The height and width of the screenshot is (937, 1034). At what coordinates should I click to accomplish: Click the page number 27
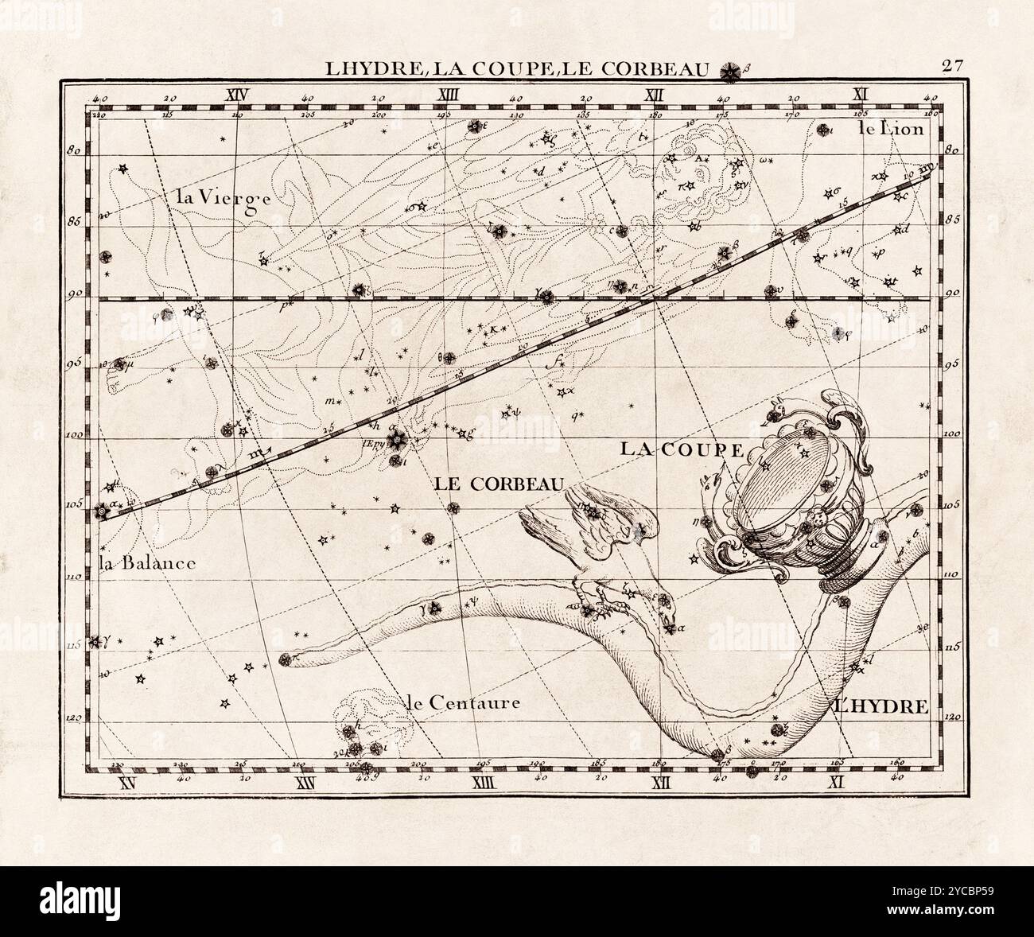coord(953,67)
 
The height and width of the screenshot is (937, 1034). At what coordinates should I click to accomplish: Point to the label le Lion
coord(892,128)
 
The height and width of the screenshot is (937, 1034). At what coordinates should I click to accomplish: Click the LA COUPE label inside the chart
coord(681,449)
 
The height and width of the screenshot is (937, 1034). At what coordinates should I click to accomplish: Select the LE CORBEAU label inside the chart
coord(499,483)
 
